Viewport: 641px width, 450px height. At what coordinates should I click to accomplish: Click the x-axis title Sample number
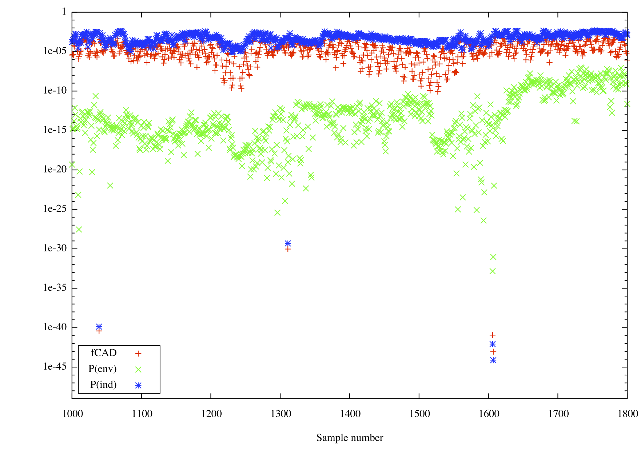349,438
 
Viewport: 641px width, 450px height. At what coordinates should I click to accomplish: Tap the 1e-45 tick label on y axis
55,366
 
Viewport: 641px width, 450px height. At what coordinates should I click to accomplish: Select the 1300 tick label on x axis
280,414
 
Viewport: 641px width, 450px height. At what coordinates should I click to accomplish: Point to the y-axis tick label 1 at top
64,12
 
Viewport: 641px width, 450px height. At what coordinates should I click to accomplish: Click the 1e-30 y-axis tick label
55,248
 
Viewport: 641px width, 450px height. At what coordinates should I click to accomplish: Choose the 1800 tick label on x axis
628,414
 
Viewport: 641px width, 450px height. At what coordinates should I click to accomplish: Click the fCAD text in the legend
104,353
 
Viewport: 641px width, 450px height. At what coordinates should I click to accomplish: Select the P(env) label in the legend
103,369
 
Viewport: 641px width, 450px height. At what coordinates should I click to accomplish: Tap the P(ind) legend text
103,385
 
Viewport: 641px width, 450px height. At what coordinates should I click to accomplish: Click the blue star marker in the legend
138,386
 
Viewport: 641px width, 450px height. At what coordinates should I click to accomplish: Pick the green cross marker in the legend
138,370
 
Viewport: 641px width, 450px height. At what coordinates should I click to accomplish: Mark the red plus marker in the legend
138,354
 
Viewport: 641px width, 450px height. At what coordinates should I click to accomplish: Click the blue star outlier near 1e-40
99,326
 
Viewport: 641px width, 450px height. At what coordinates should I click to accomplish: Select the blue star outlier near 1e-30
288,243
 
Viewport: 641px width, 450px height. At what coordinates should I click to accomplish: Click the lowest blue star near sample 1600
493,360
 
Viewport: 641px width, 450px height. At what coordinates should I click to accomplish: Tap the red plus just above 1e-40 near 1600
493,335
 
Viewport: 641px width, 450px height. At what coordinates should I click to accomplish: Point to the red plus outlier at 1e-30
288,249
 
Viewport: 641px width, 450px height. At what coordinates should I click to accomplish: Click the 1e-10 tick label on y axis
55,90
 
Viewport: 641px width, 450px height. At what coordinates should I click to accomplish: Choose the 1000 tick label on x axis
72,414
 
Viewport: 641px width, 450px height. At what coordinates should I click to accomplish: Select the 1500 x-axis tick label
419,414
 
